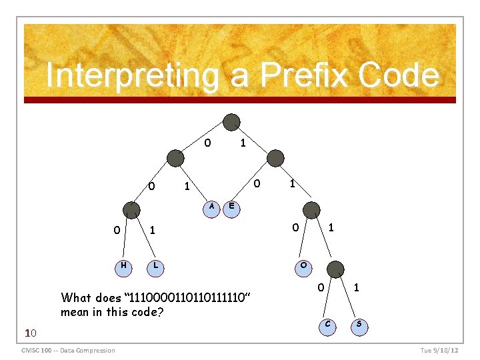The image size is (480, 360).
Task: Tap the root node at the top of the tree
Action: click(231, 122)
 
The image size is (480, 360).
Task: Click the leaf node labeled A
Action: click(211, 206)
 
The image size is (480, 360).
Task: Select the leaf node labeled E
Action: click(231, 206)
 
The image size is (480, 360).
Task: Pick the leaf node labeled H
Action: click(123, 265)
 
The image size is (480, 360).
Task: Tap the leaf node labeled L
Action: click(155, 265)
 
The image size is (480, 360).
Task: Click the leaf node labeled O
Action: click(303, 265)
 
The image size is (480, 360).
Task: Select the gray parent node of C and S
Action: click(337, 269)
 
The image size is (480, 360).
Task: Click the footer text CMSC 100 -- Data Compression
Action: click(68, 351)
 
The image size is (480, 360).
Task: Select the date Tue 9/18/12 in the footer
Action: click(439, 351)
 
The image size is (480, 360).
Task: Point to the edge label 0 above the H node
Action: click(117, 231)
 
